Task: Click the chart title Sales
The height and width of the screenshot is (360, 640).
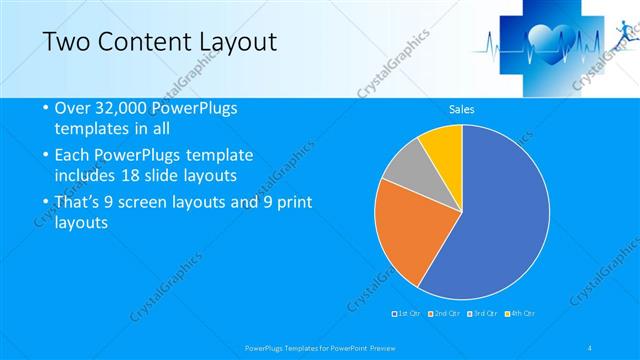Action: point(461,109)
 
